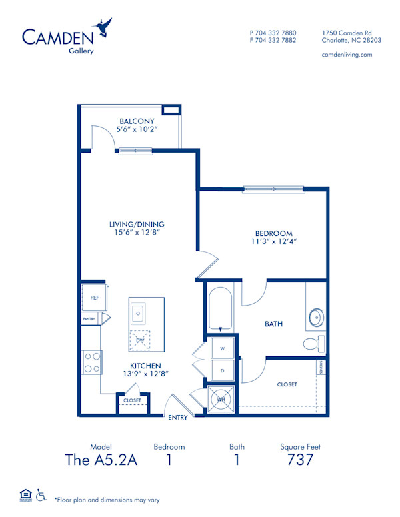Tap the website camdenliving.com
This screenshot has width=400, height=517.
pos(347,55)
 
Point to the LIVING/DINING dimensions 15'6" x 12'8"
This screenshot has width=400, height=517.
pos(137,233)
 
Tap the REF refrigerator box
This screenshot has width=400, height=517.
pos(94,298)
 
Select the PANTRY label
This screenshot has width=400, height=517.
pos(89,319)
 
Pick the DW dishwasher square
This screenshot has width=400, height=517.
pos(139,340)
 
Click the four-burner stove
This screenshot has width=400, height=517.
pos(91,363)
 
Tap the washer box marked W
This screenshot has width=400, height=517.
pos(222,348)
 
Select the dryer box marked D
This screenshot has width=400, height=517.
pos(222,370)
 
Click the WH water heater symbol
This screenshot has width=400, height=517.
pos(219,398)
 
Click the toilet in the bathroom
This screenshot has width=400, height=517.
pos(313,344)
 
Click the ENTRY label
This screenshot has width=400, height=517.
pos(177,418)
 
